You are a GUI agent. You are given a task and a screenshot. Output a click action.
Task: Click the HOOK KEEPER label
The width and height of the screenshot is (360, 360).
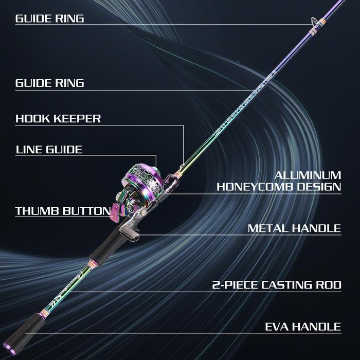(58, 119)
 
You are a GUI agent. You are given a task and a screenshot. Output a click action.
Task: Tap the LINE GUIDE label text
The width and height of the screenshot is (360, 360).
(49, 150)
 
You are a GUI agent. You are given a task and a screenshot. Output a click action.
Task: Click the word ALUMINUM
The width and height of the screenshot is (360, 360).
(308, 175)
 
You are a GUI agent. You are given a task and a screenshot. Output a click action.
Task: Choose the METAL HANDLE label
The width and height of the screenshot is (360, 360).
(294, 228)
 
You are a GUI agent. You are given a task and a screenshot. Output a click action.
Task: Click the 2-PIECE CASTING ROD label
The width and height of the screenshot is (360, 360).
(277, 285)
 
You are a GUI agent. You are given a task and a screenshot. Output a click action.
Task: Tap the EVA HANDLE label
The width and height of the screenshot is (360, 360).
(302, 327)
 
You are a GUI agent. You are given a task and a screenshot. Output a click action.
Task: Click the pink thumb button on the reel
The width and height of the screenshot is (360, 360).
(116, 211)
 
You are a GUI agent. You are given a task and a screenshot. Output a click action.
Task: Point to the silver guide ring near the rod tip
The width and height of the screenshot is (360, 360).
(313, 22)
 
